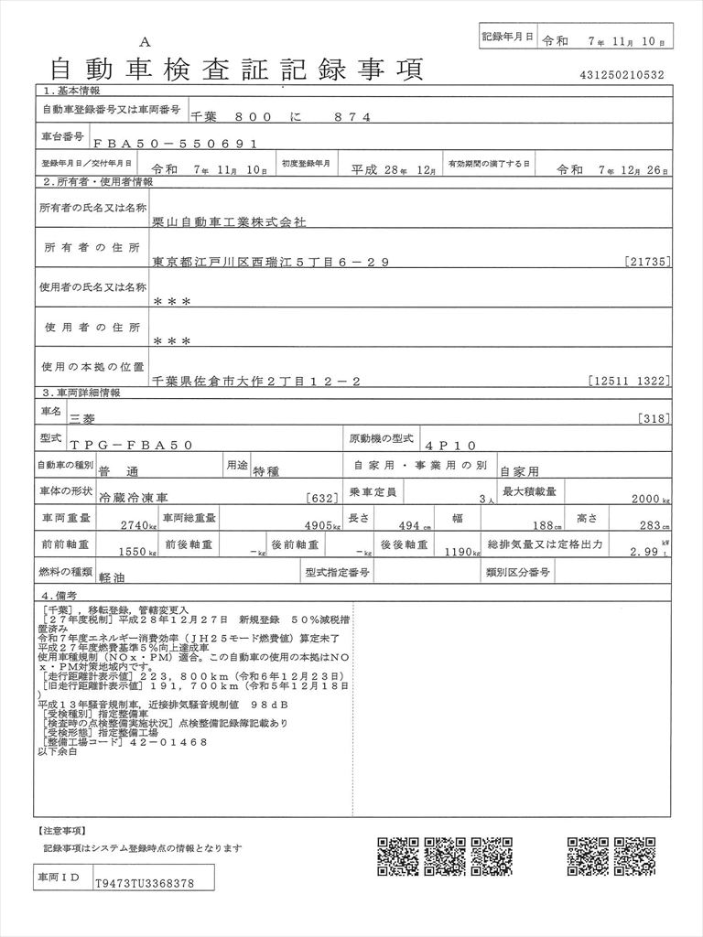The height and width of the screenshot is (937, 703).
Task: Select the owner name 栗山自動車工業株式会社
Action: pyautogui.click(x=230, y=221)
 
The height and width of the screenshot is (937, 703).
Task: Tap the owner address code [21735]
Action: pyautogui.click(x=649, y=263)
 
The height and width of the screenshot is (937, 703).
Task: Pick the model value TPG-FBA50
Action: pyautogui.click(x=131, y=445)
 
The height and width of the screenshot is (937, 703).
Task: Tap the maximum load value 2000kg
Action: pyautogui.click(x=651, y=501)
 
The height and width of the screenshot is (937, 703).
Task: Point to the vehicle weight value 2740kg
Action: pyautogui.click(x=141, y=525)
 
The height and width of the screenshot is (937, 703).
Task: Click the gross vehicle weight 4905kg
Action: pyautogui.click(x=321, y=525)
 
